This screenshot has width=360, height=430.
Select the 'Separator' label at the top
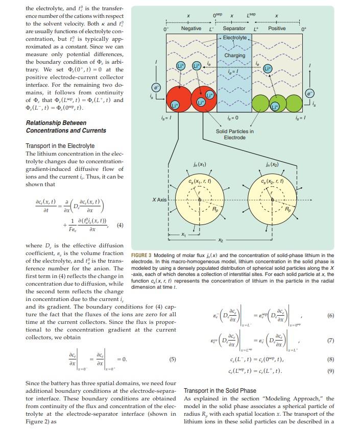pos(234,29)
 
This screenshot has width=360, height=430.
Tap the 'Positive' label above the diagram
pos(277,29)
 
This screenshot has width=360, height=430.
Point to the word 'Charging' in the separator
pos(234,56)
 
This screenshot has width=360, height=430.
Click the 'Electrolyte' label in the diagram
pos(234,38)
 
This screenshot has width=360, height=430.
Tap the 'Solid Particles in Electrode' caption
pos(234,134)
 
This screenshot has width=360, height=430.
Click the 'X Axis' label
pos(160,199)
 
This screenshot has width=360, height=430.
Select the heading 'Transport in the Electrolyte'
pos(60,146)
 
